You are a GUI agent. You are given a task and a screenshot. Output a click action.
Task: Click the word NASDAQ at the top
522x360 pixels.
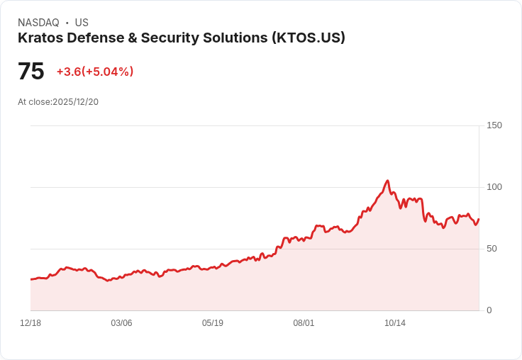coord(38,23)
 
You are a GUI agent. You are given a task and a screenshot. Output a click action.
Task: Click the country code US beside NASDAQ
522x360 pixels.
coord(82,23)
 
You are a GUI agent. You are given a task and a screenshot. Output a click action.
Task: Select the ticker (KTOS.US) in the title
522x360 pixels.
coord(308,38)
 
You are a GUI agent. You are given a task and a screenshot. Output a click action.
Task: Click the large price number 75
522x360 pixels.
coord(30,72)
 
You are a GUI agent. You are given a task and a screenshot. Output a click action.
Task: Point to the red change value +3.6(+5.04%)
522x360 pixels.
coord(95,72)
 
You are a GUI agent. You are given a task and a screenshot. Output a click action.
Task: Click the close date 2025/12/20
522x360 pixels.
coord(75,102)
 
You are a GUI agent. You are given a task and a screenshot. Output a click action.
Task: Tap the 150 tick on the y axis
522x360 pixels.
coord(494,125)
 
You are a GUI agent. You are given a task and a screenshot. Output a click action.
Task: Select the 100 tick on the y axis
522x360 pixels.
coord(494,187)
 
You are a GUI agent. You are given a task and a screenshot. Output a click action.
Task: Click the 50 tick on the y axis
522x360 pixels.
coord(492,249)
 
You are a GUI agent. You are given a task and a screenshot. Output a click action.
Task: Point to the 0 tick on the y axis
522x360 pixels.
coord(489,310)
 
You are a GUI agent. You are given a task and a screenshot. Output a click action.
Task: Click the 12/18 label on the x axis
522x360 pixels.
coord(30,323)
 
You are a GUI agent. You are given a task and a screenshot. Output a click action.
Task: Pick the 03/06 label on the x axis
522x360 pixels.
coord(121,323)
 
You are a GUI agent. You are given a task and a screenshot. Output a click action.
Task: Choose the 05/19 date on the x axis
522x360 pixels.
coord(213,323)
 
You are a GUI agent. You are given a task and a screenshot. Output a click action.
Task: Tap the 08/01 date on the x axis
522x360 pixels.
coord(304,323)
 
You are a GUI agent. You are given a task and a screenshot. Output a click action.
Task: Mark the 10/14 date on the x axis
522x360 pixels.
coord(395,323)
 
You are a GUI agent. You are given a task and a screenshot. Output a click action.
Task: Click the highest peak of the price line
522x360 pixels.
coord(387,181)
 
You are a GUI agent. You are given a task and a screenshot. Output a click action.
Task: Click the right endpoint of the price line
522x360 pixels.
coord(479,219)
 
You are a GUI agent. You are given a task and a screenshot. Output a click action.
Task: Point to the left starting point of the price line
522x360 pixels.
coord(31,279)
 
